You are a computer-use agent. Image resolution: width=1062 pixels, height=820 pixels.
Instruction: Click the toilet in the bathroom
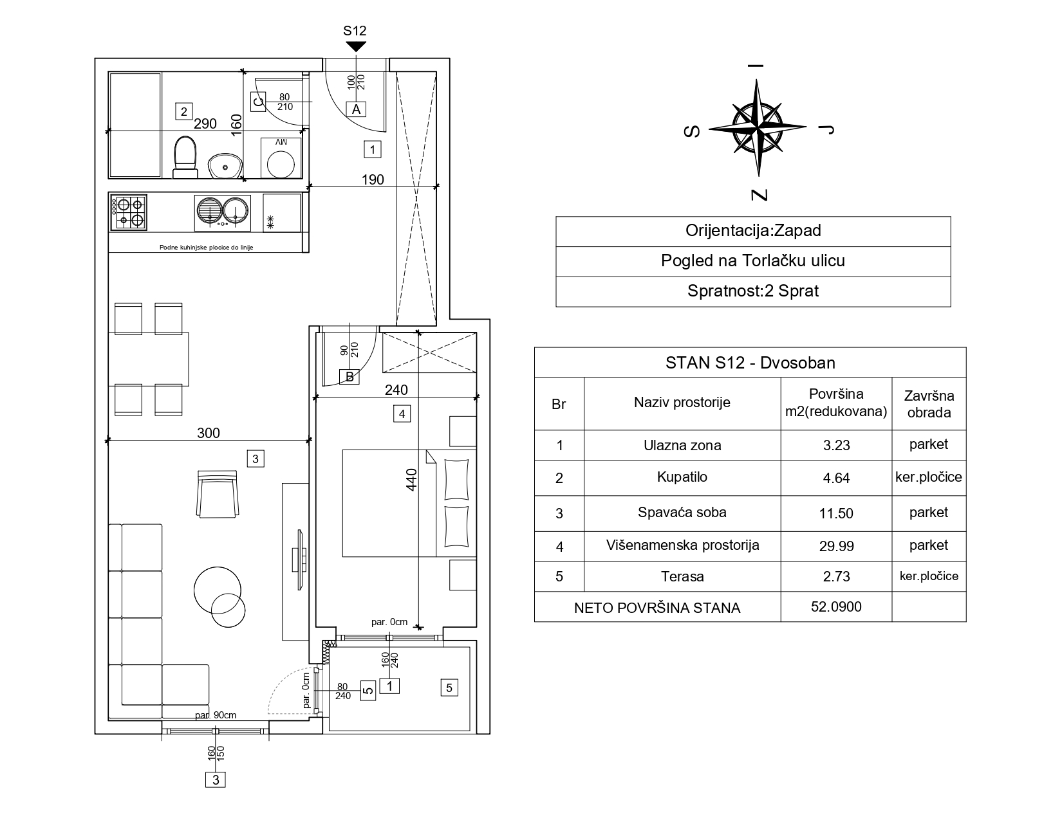click(185, 157)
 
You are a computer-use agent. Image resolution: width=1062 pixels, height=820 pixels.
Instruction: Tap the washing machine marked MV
click(281, 158)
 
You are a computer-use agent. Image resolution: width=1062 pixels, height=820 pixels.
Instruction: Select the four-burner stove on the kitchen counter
click(129, 212)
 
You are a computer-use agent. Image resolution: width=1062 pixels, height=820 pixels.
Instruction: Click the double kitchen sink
click(222, 213)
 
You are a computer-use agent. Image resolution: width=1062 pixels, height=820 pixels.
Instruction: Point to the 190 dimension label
click(373, 179)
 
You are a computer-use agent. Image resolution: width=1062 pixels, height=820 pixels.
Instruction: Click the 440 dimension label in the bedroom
click(411, 480)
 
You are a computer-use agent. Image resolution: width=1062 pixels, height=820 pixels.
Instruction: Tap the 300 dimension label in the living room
click(208, 433)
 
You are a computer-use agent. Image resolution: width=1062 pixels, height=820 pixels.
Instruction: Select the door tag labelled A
click(356, 109)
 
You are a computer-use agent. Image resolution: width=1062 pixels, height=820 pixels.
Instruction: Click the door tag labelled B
click(349, 376)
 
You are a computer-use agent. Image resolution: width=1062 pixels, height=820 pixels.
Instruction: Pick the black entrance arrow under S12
click(356, 46)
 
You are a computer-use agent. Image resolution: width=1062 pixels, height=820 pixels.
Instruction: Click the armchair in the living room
click(218, 494)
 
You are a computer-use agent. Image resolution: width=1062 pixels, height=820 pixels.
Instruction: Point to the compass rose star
click(757, 128)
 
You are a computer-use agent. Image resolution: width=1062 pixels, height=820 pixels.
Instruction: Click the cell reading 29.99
click(836, 546)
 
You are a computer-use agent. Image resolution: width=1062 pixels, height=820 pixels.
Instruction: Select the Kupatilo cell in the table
click(682, 477)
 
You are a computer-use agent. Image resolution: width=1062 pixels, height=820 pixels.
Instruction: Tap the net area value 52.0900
click(836, 606)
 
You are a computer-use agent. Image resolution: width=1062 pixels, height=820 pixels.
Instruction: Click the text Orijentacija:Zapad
click(753, 230)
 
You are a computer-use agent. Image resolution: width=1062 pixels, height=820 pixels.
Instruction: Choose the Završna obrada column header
click(929, 404)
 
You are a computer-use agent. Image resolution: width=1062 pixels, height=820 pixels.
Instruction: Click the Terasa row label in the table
click(682, 576)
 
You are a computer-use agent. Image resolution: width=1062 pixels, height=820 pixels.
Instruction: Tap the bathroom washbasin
click(225, 166)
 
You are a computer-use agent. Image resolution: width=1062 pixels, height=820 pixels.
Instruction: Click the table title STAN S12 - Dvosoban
click(750, 363)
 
